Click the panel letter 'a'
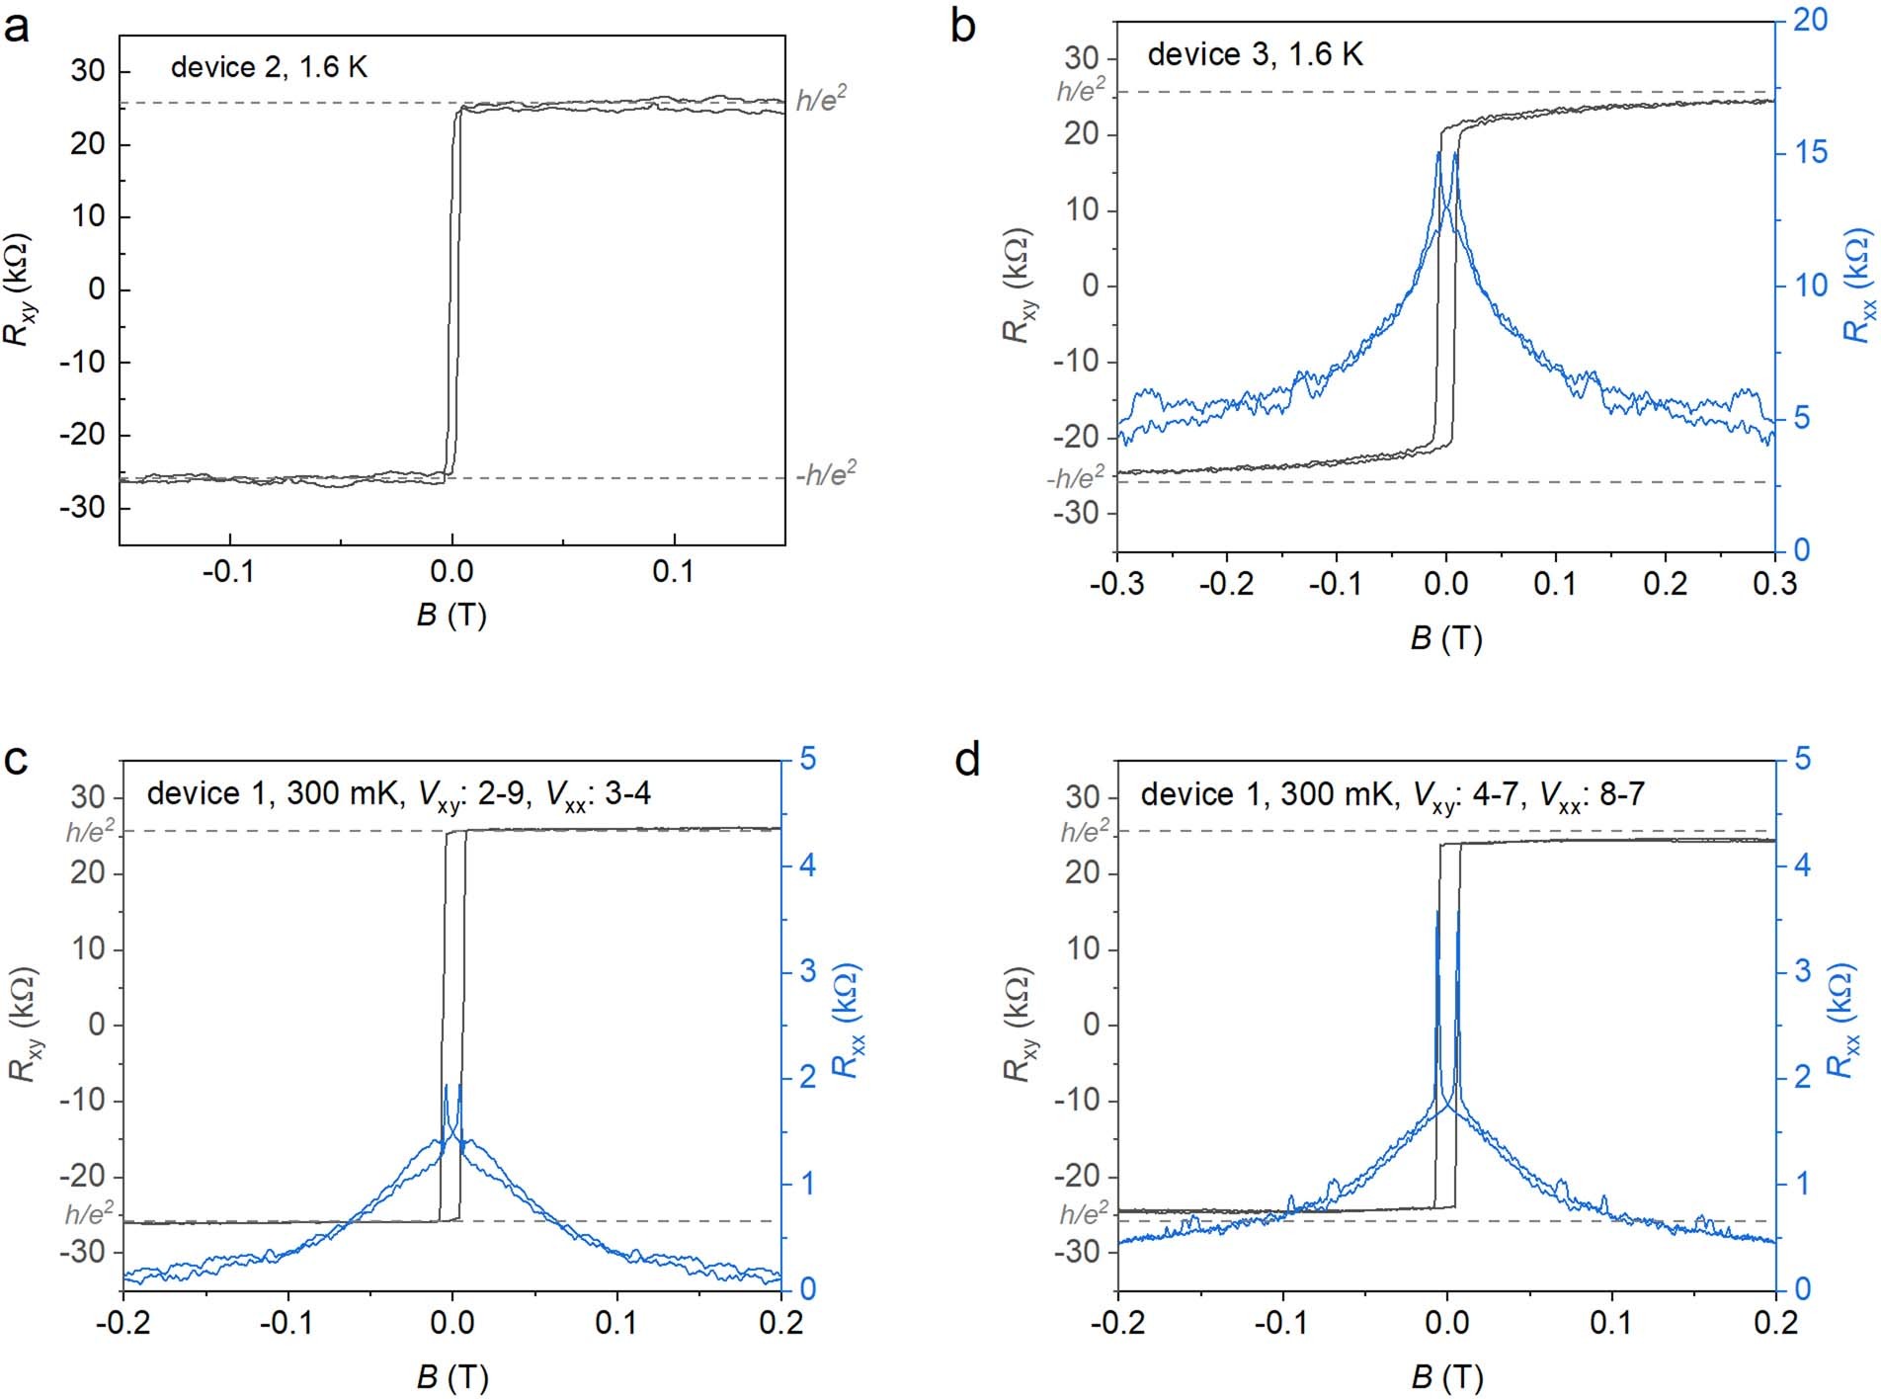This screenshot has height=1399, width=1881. click(17, 27)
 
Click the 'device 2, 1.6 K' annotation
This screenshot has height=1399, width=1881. click(269, 67)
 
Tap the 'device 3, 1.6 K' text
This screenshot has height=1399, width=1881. click(1255, 54)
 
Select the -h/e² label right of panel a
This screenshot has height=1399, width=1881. click(826, 475)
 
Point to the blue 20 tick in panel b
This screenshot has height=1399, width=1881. click(1809, 20)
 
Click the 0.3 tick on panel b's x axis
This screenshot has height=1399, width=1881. click(1774, 583)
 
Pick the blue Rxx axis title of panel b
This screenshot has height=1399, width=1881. click(1857, 286)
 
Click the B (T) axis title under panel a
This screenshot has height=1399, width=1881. click(451, 615)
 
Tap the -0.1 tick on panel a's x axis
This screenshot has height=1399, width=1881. click(229, 572)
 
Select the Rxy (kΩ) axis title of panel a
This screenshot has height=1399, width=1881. click(19, 288)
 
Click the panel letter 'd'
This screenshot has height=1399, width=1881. click(967, 760)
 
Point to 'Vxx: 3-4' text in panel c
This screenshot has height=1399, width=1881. click(591, 794)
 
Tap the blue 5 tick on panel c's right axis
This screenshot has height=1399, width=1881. click(808, 759)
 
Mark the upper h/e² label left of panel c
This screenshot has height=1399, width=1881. click(90, 832)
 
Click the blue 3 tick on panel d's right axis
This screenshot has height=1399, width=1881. click(1803, 971)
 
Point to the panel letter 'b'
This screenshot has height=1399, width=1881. click(963, 27)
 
